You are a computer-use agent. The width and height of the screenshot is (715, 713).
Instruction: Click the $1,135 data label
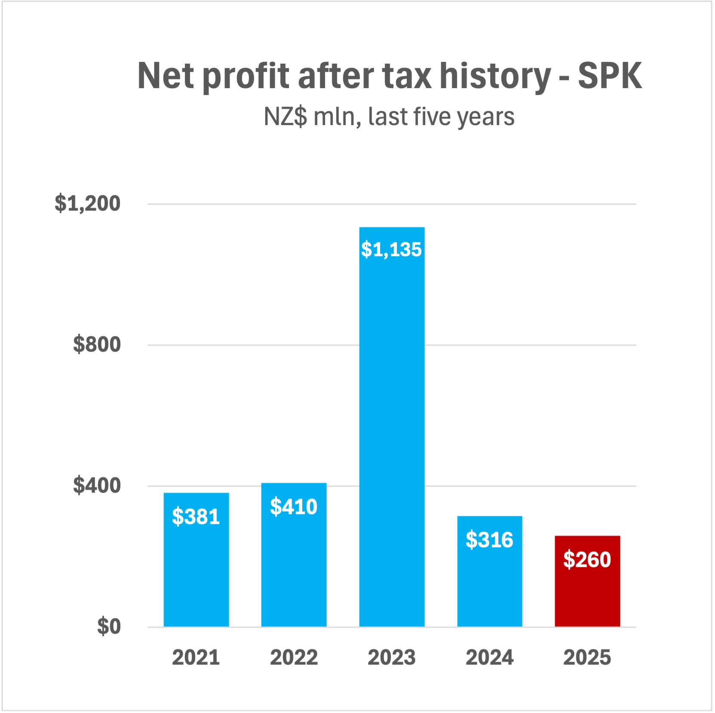[391, 250]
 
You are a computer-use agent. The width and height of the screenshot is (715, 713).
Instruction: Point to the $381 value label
[196, 516]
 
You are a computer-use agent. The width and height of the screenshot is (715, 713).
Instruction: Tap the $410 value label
[294, 507]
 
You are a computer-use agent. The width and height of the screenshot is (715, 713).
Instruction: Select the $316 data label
[489, 539]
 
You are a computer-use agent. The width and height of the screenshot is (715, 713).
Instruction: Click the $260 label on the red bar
[587, 560]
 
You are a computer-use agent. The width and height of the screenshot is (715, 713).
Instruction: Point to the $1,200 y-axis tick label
[87, 203]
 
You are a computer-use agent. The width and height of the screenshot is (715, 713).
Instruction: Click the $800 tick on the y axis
[97, 344]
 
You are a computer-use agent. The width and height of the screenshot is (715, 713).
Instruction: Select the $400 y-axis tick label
[97, 485]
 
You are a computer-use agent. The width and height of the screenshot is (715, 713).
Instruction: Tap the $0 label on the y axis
[109, 626]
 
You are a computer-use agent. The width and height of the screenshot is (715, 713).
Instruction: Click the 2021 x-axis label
[196, 658]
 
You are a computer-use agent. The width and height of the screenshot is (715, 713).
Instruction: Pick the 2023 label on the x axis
[392, 658]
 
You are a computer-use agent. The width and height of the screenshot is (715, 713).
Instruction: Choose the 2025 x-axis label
[587, 658]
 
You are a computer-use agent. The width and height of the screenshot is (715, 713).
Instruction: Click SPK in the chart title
[610, 76]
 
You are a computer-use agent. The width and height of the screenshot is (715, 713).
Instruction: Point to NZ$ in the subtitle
[285, 116]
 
